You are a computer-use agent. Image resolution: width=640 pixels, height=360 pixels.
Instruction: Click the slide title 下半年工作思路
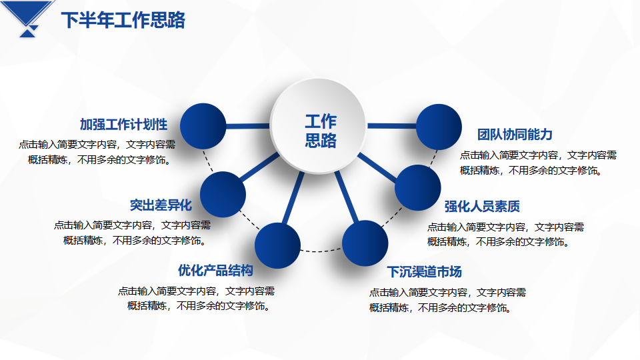point(123,20)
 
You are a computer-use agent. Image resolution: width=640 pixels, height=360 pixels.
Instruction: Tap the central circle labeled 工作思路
point(319,126)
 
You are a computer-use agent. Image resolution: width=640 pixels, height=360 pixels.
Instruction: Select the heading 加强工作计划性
point(124,125)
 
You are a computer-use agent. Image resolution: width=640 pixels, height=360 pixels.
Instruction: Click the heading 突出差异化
point(161,205)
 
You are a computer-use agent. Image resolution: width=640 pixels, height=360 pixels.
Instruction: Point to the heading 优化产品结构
point(215,270)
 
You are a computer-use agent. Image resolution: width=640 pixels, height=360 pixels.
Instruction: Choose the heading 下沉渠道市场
point(425,272)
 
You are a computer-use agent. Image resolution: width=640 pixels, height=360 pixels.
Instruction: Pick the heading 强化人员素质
point(482,207)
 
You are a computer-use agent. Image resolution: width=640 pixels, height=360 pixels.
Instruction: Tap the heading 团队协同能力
point(515,134)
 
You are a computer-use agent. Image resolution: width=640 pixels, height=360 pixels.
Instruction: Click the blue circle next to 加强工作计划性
point(203,126)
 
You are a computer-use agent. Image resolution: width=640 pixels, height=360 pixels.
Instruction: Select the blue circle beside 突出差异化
point(223,194)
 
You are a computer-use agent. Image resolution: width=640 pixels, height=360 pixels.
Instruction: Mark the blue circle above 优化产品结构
point(277,246)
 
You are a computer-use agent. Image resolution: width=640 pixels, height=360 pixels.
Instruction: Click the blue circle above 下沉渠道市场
point(365,243)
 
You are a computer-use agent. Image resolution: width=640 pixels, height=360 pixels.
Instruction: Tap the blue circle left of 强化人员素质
point(418,188)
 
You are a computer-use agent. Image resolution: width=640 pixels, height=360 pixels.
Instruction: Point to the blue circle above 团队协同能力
point(439,127)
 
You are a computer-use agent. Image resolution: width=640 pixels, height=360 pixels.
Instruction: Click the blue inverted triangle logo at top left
point(27,19)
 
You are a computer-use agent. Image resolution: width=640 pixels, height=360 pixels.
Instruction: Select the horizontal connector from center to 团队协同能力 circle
point(392,126)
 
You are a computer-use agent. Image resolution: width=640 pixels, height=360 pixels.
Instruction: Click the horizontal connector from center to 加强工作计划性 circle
point(248,126)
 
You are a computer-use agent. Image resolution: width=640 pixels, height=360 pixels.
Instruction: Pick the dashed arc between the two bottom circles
point(321,250)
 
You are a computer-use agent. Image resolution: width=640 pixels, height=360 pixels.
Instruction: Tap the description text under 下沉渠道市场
point(448,300)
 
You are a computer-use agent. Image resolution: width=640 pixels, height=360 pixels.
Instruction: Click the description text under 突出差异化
point(133,233)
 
